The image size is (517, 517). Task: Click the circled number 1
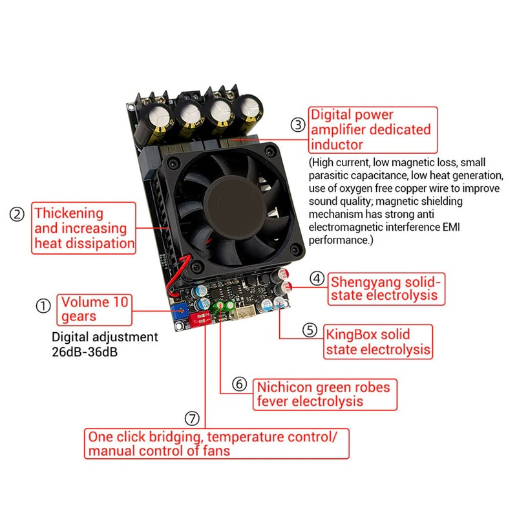[x=42, y=306]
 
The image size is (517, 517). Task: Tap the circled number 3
[x=297, y=125]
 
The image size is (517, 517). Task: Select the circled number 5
[x=310, y=330]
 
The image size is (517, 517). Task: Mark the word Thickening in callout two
[x=69, y=213]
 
